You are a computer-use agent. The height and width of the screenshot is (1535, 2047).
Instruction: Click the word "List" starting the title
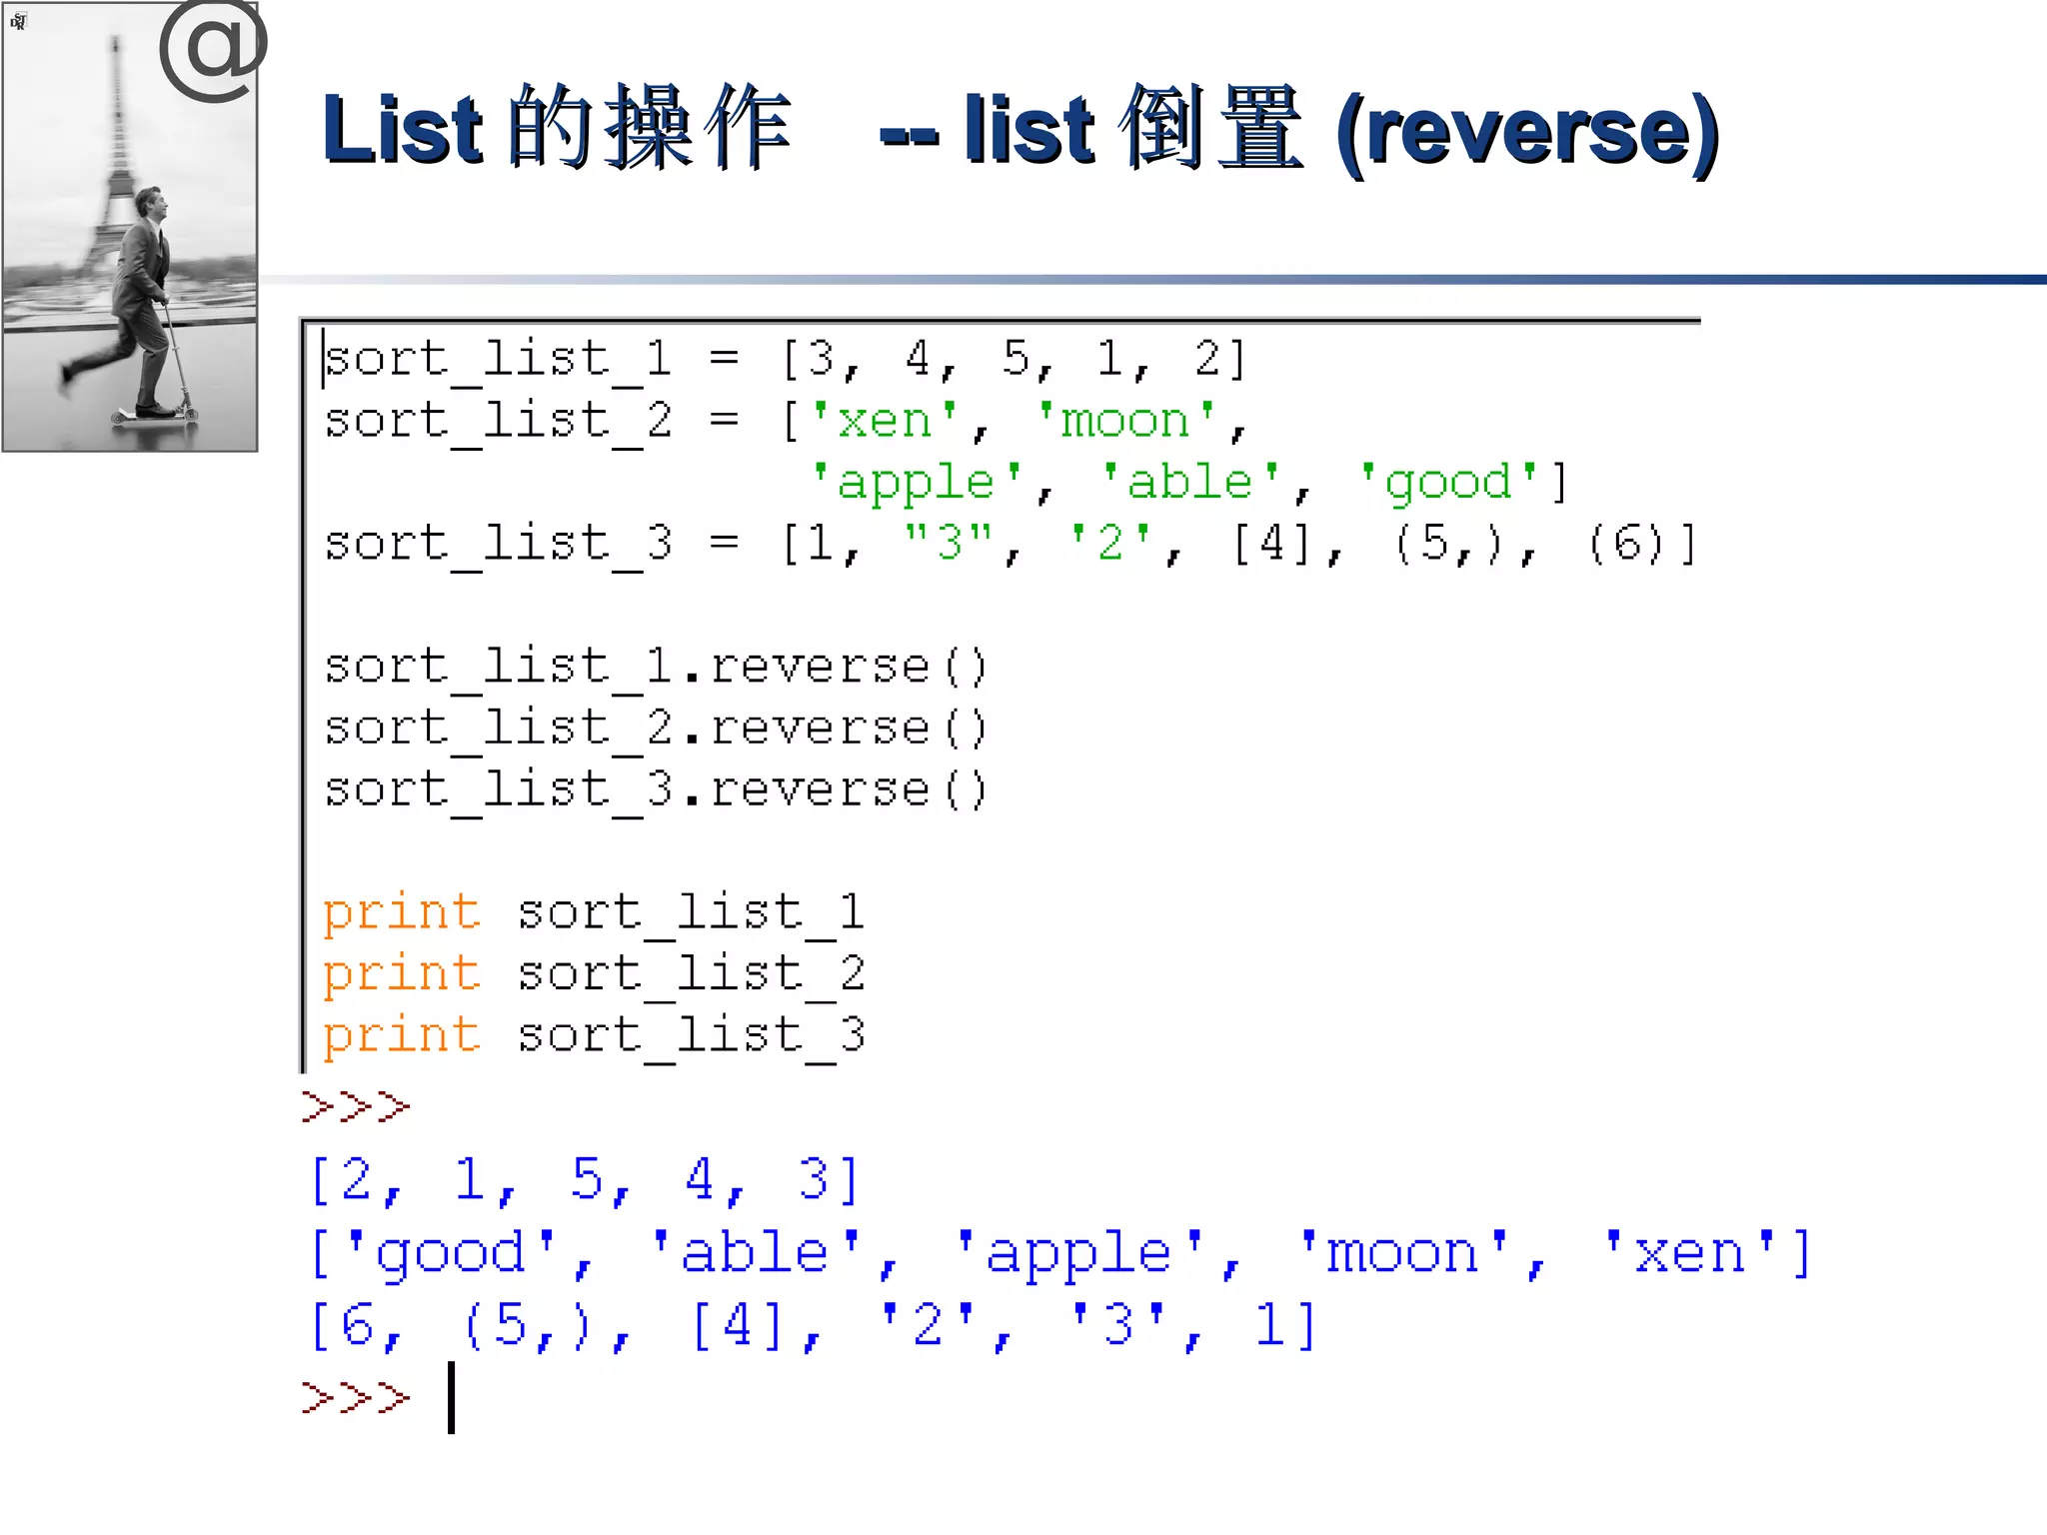point(403,130)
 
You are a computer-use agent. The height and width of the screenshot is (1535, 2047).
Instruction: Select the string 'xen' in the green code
point(884,421)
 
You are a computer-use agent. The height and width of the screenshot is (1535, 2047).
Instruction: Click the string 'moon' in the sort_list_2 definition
point(1125,421)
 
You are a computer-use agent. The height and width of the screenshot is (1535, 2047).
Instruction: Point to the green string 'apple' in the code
point(916,483)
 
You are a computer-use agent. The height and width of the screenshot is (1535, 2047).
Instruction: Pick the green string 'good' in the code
point(1448,483)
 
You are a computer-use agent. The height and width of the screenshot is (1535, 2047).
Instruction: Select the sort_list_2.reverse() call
point(656,729)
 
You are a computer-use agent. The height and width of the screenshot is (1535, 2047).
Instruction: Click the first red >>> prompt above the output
point(356,1106)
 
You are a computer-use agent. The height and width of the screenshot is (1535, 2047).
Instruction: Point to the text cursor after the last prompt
point(452,1397)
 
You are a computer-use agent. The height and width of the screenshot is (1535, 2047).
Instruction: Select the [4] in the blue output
point(738,1326)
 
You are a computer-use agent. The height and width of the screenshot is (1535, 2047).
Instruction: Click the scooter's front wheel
point(188,413)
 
